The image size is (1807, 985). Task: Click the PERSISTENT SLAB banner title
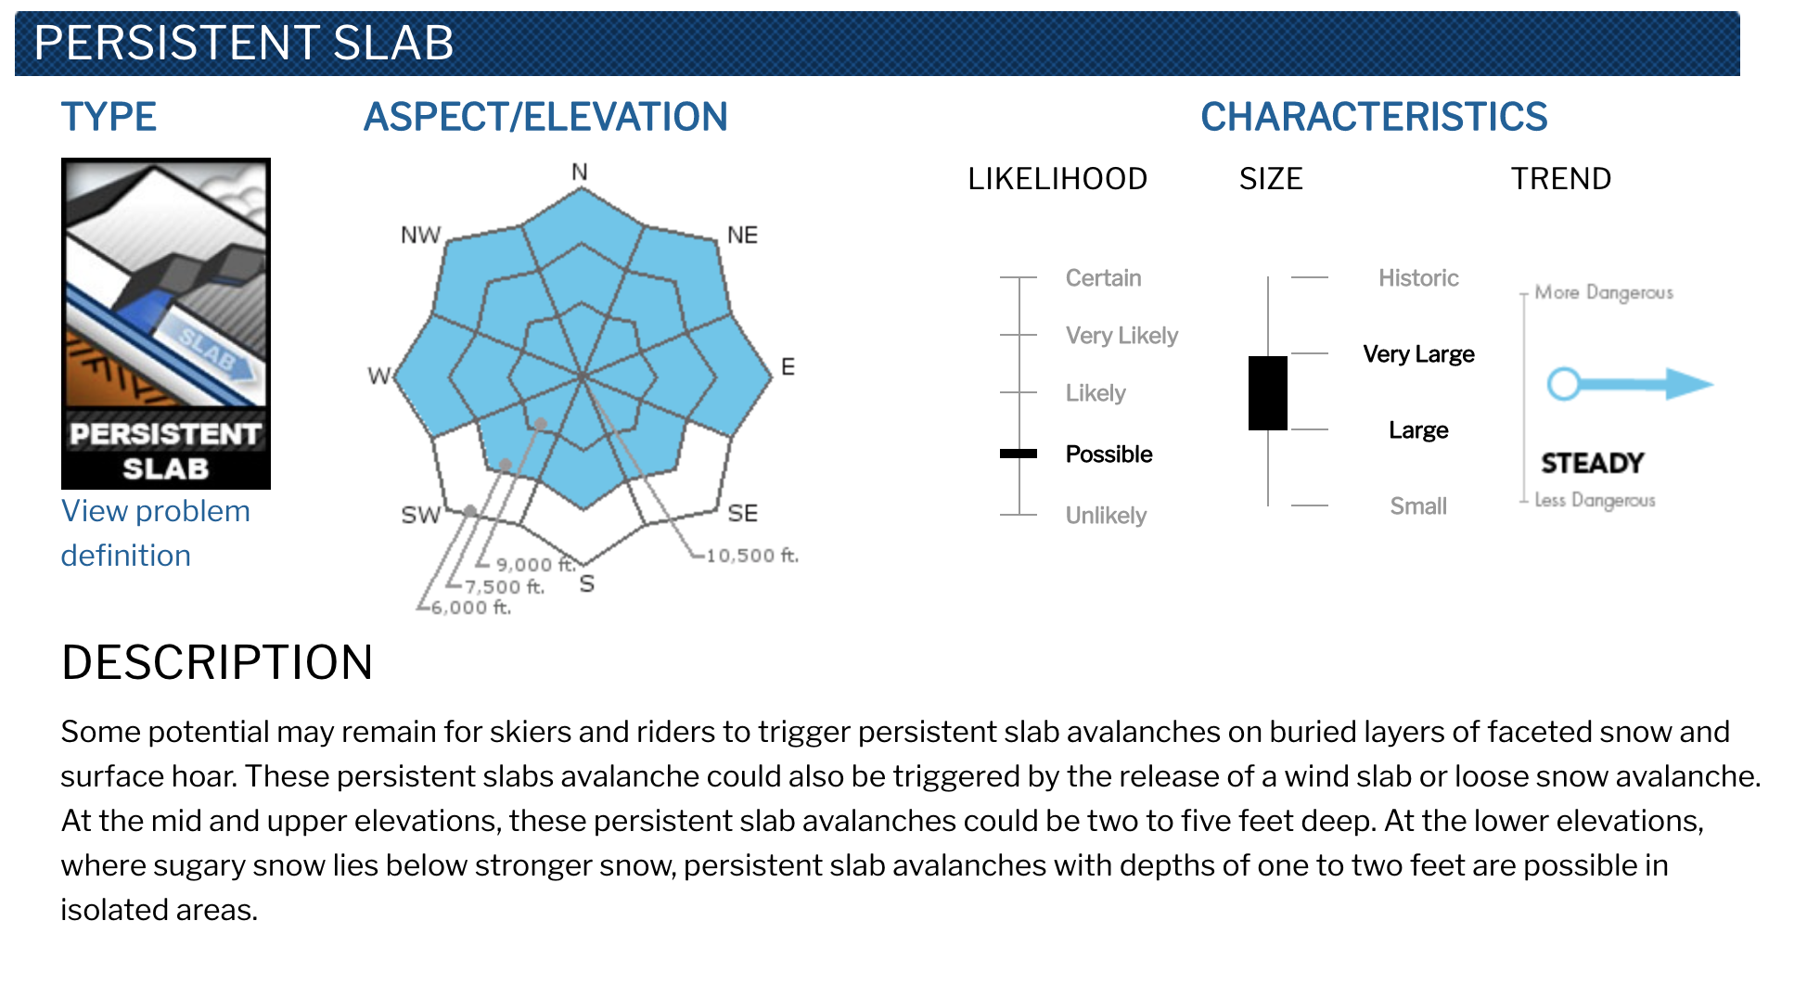(244, 43)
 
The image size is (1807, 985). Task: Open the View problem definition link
(155, 533)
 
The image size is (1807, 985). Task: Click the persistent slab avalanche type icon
(166, 323)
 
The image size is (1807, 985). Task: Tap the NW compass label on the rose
(420, 235)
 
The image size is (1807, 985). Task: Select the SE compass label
(742, 513)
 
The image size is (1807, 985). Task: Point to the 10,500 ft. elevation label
(752, 556)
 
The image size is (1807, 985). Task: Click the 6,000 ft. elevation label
(471, 608)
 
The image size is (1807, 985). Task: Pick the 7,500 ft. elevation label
(505, 586)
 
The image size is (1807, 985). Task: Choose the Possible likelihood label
(1109, 454)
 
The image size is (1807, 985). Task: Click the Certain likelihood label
(1103, 277)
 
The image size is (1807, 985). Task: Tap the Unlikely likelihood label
(1106, 515)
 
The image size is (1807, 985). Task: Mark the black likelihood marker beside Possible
(1019, 454)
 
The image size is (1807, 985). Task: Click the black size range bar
(1268, 393)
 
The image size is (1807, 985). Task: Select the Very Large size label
(1418, 354)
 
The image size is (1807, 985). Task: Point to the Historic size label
(1418, 277)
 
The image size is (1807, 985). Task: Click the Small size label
(1418, 505)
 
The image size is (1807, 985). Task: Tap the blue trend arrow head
(1688, 383)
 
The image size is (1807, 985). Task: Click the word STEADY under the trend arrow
(1593, 463)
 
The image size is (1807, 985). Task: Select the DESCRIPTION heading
(217, 662)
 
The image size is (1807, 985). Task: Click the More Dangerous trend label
(1604, 292)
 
